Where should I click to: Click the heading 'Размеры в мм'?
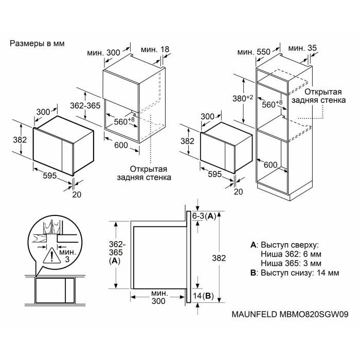point(37,43)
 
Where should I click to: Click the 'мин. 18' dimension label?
point(155,49)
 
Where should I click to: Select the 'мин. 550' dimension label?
point(254,52)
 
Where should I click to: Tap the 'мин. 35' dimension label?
point(302,48)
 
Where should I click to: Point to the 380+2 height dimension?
point(243,98)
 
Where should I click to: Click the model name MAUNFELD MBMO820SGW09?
point(290,314)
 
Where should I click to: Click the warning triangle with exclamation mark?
point(52,256)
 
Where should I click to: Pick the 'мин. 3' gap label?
point(67,256)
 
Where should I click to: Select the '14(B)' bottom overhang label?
point(203,296)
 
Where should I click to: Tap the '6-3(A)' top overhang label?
point(204,216)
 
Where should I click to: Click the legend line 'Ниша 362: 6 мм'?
point(291,254)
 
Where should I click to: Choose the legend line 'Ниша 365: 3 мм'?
point(291,263)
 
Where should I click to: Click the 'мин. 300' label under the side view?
point(158,297)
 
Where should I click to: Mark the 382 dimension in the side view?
point(219,258)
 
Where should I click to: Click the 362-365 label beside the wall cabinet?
point(85,105)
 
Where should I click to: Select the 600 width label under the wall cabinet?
point(121,145)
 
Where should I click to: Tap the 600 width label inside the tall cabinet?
point(271,165)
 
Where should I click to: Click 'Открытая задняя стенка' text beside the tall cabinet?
point(319,96)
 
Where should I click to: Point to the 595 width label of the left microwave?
point(50,175)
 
